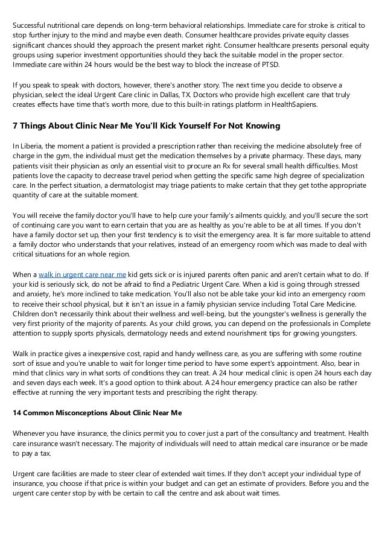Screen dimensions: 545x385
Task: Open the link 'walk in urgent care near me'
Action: coord(83,274)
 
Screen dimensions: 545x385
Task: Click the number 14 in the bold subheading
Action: coord(17,413)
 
